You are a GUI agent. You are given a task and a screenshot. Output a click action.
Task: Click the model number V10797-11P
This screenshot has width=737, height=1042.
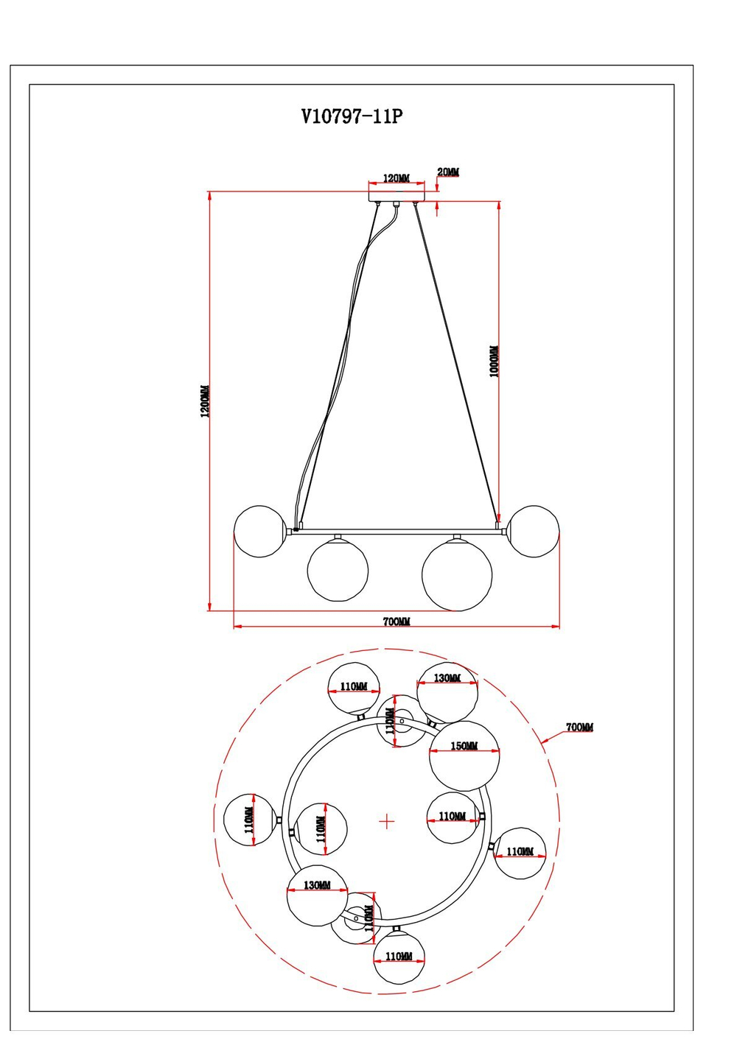coord(352,116)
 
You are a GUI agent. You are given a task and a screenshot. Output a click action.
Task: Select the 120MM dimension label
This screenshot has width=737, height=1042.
coord(396,178)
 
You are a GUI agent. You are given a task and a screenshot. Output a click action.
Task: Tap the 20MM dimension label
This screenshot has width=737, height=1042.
coord(448,172)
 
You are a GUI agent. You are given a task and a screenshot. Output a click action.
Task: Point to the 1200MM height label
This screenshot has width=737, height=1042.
coord(205,401)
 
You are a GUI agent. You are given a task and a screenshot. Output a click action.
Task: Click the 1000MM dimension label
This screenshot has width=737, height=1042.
coord(494,362)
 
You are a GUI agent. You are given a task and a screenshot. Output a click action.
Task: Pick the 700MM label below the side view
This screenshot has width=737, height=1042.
coord(396,622)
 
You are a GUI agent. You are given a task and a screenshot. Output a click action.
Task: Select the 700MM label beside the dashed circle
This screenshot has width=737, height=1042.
coord(579,728)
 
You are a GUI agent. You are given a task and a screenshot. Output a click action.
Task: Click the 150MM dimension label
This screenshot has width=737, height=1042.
coord(464,746)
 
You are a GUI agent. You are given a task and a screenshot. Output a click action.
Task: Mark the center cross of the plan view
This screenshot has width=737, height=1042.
coord(387,821)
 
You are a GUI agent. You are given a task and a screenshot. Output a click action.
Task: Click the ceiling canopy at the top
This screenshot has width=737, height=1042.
coord(397,197)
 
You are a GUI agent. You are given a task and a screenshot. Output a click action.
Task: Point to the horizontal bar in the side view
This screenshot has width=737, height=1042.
coord(398,531)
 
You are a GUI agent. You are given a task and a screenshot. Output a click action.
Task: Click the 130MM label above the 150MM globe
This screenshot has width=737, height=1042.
coord(447,678)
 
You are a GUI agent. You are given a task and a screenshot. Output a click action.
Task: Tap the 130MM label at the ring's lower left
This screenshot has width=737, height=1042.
coord(317,885)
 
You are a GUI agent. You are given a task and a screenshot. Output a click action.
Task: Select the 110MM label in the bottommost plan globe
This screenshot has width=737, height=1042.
coord(399,957)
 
